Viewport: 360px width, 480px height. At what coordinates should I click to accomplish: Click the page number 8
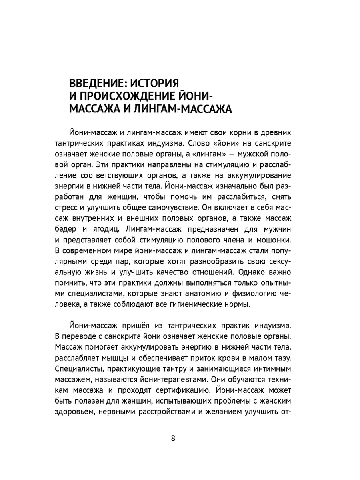[x=173, y=438]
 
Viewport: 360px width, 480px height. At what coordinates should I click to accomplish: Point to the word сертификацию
[x=182, y=389]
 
